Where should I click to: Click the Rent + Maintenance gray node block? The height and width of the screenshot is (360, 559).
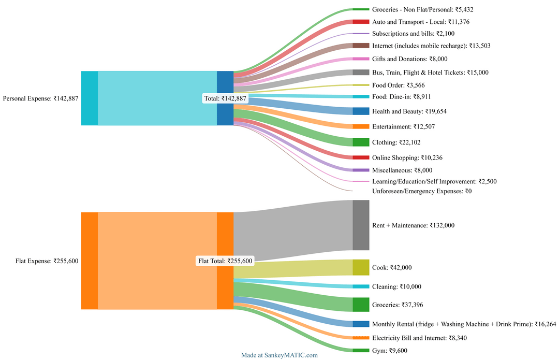(x=361, y=225)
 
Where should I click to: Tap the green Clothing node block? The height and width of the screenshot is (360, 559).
(x=361, y=142)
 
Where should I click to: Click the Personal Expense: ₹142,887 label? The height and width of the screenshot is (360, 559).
(x=40, y=98)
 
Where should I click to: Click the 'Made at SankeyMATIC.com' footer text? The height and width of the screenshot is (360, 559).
(x=279, y=355)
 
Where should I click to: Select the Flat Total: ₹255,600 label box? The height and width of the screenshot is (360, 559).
(x=225, y=261)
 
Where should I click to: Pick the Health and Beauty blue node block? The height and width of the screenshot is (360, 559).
(x=361, y=111)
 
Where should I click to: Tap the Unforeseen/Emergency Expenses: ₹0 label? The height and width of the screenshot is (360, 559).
(x=422, y=191)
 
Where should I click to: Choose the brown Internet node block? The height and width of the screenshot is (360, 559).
(x=361, y=46)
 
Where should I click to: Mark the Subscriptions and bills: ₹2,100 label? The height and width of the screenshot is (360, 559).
(x=414, y=33)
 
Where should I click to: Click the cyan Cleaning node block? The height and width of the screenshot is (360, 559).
(x=361, y=286)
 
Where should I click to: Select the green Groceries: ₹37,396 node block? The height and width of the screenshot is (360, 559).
(x=361, y=305)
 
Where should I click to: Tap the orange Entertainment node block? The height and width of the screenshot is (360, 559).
(x=361, y=126)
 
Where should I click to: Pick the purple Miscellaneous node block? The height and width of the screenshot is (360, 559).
(x=361, y=170)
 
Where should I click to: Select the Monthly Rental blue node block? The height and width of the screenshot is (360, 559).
(x=361, y=324)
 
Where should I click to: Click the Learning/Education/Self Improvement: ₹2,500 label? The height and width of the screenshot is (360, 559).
(x=434, y=181)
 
